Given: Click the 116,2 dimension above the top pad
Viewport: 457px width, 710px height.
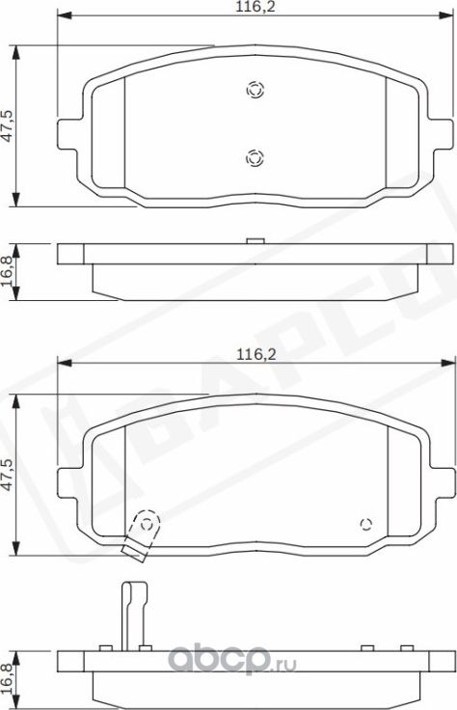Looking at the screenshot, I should pos(253,8).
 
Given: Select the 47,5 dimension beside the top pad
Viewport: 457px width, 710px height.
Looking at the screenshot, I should pos(8,125).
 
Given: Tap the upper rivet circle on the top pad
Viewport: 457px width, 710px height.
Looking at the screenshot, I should pos(254,89).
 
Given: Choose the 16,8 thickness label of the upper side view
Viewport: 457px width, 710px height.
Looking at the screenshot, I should pos(9,266).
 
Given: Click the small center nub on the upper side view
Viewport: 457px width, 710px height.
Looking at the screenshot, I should pos(255,241).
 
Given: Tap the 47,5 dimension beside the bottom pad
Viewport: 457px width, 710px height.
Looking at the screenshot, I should pos(8,477).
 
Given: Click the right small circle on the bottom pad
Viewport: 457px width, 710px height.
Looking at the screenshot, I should pos(365,524).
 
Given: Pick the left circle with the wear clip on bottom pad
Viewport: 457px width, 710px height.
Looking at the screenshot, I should pos(147,524).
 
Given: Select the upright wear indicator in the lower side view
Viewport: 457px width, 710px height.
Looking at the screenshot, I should pos(126,614).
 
